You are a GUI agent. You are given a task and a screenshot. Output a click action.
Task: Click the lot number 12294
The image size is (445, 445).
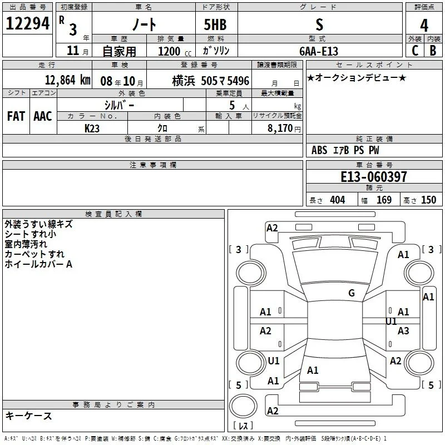[27, 23]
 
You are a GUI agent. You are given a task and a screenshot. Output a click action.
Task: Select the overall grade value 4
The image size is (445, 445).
[424, 26]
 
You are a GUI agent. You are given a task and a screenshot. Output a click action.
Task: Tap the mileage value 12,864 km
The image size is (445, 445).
[68, 80]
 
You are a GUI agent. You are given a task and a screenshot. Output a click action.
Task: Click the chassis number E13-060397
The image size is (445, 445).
[374, 176]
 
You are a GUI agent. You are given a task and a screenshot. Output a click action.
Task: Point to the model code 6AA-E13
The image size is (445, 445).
[319, 51]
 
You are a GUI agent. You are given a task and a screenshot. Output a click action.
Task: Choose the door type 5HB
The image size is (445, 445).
[215, 24]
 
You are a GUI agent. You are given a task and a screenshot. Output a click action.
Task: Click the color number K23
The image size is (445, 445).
[92, 128]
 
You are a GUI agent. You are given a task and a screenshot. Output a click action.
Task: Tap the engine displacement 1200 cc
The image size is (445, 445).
[175, 51]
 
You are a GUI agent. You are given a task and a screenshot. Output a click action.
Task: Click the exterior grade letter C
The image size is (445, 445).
[415, 51]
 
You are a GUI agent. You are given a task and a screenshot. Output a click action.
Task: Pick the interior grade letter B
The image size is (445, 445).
[433, 51]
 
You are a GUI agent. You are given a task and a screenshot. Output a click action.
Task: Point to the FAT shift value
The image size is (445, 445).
[16, 116]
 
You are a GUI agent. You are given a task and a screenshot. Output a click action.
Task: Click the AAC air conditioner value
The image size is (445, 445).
[43, 116]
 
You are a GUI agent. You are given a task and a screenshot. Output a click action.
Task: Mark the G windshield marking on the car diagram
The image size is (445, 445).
[352, 293]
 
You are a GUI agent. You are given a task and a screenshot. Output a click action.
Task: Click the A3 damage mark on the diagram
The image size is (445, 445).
[403, 330]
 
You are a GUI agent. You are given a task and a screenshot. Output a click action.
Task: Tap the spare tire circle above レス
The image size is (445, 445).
[243, 406]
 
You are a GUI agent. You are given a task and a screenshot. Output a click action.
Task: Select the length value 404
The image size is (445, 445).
[338, 200]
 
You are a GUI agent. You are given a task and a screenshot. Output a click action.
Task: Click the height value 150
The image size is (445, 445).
[428, 200]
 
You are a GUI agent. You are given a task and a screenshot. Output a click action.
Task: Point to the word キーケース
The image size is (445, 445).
[28, 416]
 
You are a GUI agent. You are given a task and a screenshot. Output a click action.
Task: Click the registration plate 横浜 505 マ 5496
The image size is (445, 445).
[211, 81]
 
